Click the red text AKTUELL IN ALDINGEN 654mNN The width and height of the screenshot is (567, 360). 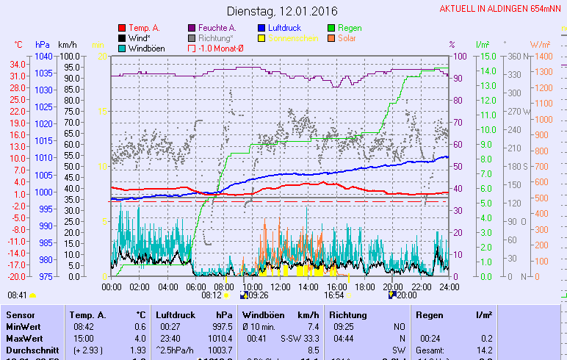point(502,9)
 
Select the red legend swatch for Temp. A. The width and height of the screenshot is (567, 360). point(121,27)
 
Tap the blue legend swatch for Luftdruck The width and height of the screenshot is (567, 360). point(261,27)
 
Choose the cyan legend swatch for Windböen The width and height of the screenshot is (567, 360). point(121,48)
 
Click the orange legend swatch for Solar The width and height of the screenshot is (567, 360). point(331,37)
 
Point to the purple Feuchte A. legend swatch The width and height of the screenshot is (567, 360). point(192,27)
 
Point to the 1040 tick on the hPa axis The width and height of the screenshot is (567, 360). point(43,56)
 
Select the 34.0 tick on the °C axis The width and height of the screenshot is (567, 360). point(19,64)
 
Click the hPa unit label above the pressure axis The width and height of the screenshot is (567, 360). point(42,45)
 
